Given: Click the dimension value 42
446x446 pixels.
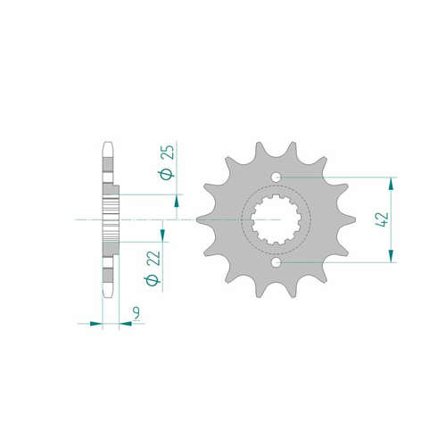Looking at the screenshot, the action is (x=383, y=219).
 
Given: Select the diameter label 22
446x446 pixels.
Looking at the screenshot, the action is (x=153, y=258).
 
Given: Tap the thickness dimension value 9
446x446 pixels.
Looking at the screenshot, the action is (x=136, y=314).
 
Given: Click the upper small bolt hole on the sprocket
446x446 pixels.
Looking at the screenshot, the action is (x=277, y=178).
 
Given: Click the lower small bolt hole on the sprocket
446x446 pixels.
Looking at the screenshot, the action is (x=277, y=262).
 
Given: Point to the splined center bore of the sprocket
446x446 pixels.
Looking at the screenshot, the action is (x=277, y=219).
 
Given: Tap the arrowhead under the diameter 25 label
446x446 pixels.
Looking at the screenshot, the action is (x=177, y=201).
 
